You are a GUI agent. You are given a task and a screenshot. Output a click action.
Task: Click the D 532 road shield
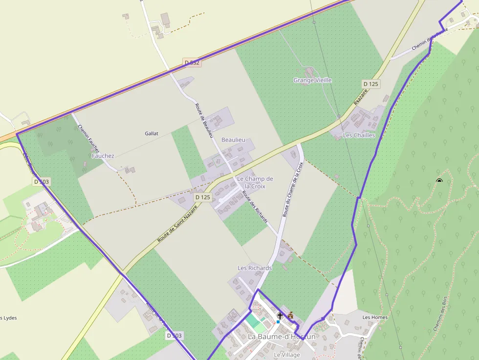click(193, 63)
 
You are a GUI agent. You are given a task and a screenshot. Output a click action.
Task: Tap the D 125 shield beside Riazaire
click(370, 84)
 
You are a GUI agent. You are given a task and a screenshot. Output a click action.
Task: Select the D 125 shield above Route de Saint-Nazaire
click(202, 197)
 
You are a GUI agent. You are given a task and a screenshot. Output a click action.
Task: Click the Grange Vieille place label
click(312, 80)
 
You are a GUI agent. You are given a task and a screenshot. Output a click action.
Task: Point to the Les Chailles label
click(359, 135)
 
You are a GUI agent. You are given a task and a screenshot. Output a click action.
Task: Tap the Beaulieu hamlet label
click(233, 140)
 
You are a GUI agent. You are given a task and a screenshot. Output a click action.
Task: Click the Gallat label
click(152, 133)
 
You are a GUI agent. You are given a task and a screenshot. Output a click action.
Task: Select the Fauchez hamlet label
click(103, 156)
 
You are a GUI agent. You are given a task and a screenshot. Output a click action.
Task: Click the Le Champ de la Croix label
click(255, 182)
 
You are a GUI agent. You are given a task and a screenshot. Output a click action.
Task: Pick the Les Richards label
click(254, 268)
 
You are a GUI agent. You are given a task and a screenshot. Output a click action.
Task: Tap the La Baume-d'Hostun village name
click(282, 337)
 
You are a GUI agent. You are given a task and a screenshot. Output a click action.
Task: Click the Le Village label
click(286, 355)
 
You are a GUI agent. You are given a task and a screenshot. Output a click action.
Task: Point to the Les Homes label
click(375, 318)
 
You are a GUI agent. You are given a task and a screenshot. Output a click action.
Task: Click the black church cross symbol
click(280, 316)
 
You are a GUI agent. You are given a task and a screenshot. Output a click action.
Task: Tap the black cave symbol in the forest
click(439, 181)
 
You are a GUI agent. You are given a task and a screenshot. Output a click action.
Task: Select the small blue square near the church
click(278, 322)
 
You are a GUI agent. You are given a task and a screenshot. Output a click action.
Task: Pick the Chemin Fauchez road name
click(88, 138)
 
